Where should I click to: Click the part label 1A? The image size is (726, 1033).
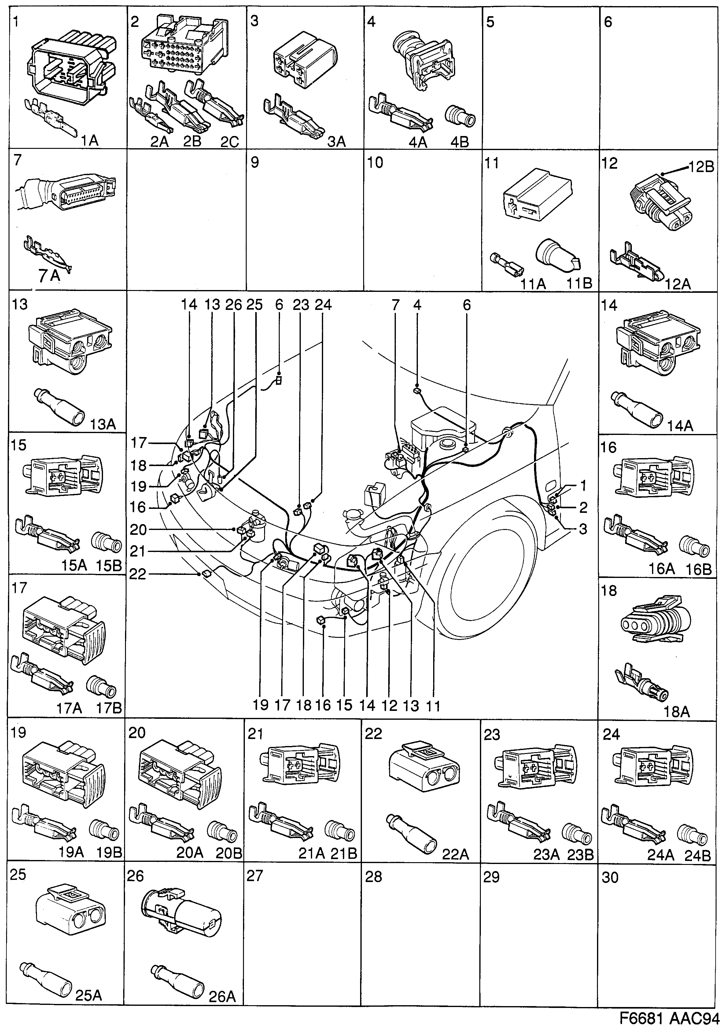click(89, 141)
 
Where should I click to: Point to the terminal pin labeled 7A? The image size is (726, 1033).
click(47, 254)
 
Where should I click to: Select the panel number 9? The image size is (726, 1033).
click(255, 162)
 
